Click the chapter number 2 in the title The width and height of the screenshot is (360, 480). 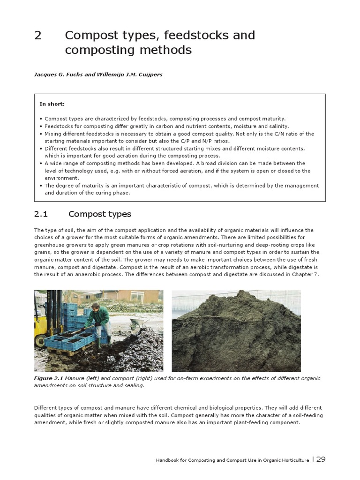pos(38,36)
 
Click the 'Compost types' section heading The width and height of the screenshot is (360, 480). pos(100,214)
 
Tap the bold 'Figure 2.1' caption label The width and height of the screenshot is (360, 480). pos(48,378)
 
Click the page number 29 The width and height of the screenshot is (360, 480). pos(321,459)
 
